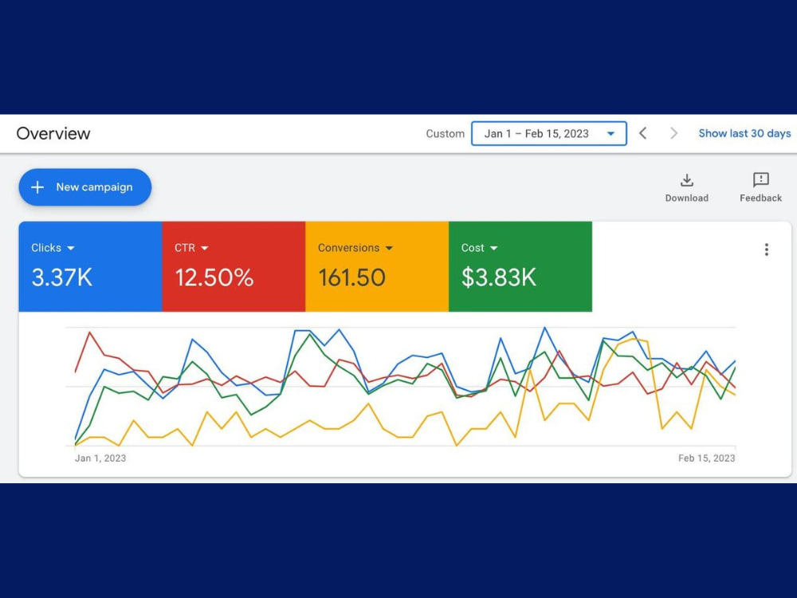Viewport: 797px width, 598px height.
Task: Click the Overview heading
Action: coord(53,134)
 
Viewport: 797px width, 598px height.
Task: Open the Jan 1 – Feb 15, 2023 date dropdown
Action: coord(549,134)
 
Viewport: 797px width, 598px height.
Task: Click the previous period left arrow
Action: coord(643,133)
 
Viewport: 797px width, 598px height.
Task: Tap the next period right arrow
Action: coord(674,133)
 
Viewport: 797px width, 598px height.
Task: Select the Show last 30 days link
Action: coord(744,133)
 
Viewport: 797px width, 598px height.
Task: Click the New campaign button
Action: coord(85,187)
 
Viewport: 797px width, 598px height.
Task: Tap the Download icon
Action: coord(687,180)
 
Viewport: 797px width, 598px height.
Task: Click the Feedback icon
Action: coord(761,179)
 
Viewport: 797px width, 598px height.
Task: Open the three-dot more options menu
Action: coord(767,250)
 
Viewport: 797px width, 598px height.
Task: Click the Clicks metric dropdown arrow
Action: coord(71,248)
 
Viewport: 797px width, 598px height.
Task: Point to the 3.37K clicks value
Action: coord(62,277)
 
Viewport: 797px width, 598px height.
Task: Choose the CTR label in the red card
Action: coord(185,248)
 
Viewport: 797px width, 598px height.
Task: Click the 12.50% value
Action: coord(214,277)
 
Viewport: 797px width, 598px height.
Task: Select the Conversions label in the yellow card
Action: coord(349,248)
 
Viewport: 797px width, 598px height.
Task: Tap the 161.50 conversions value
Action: coord(351,277)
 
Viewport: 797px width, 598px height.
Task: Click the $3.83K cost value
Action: coord(499,277)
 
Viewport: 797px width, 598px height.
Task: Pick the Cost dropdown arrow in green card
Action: coord(493,248)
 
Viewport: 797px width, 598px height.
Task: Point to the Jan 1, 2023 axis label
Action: coord(100,458)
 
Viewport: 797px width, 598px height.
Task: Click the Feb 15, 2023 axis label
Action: coord(706,458)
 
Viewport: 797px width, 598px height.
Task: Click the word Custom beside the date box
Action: coord(446,134)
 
